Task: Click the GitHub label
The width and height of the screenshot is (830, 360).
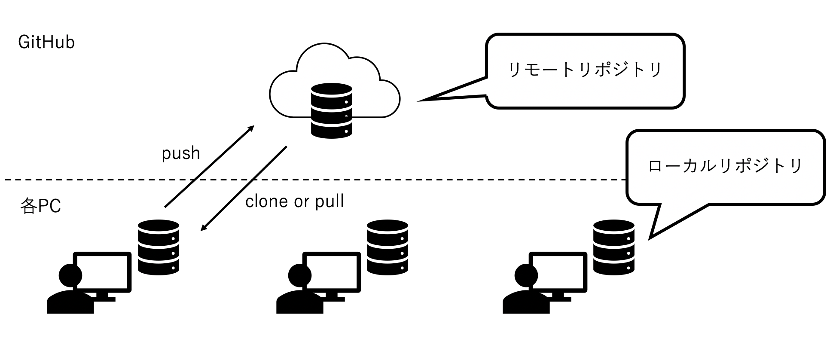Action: [46, 42]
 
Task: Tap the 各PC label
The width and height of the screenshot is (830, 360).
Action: [41, 206]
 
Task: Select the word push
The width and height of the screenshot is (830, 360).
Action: [181, 153]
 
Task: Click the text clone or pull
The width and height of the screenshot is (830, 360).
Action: [295, 201]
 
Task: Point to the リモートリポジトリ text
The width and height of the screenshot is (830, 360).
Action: [585, 70]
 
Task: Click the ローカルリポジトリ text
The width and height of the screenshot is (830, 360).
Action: [725, 166]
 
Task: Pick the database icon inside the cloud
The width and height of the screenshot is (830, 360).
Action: [331, 110]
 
